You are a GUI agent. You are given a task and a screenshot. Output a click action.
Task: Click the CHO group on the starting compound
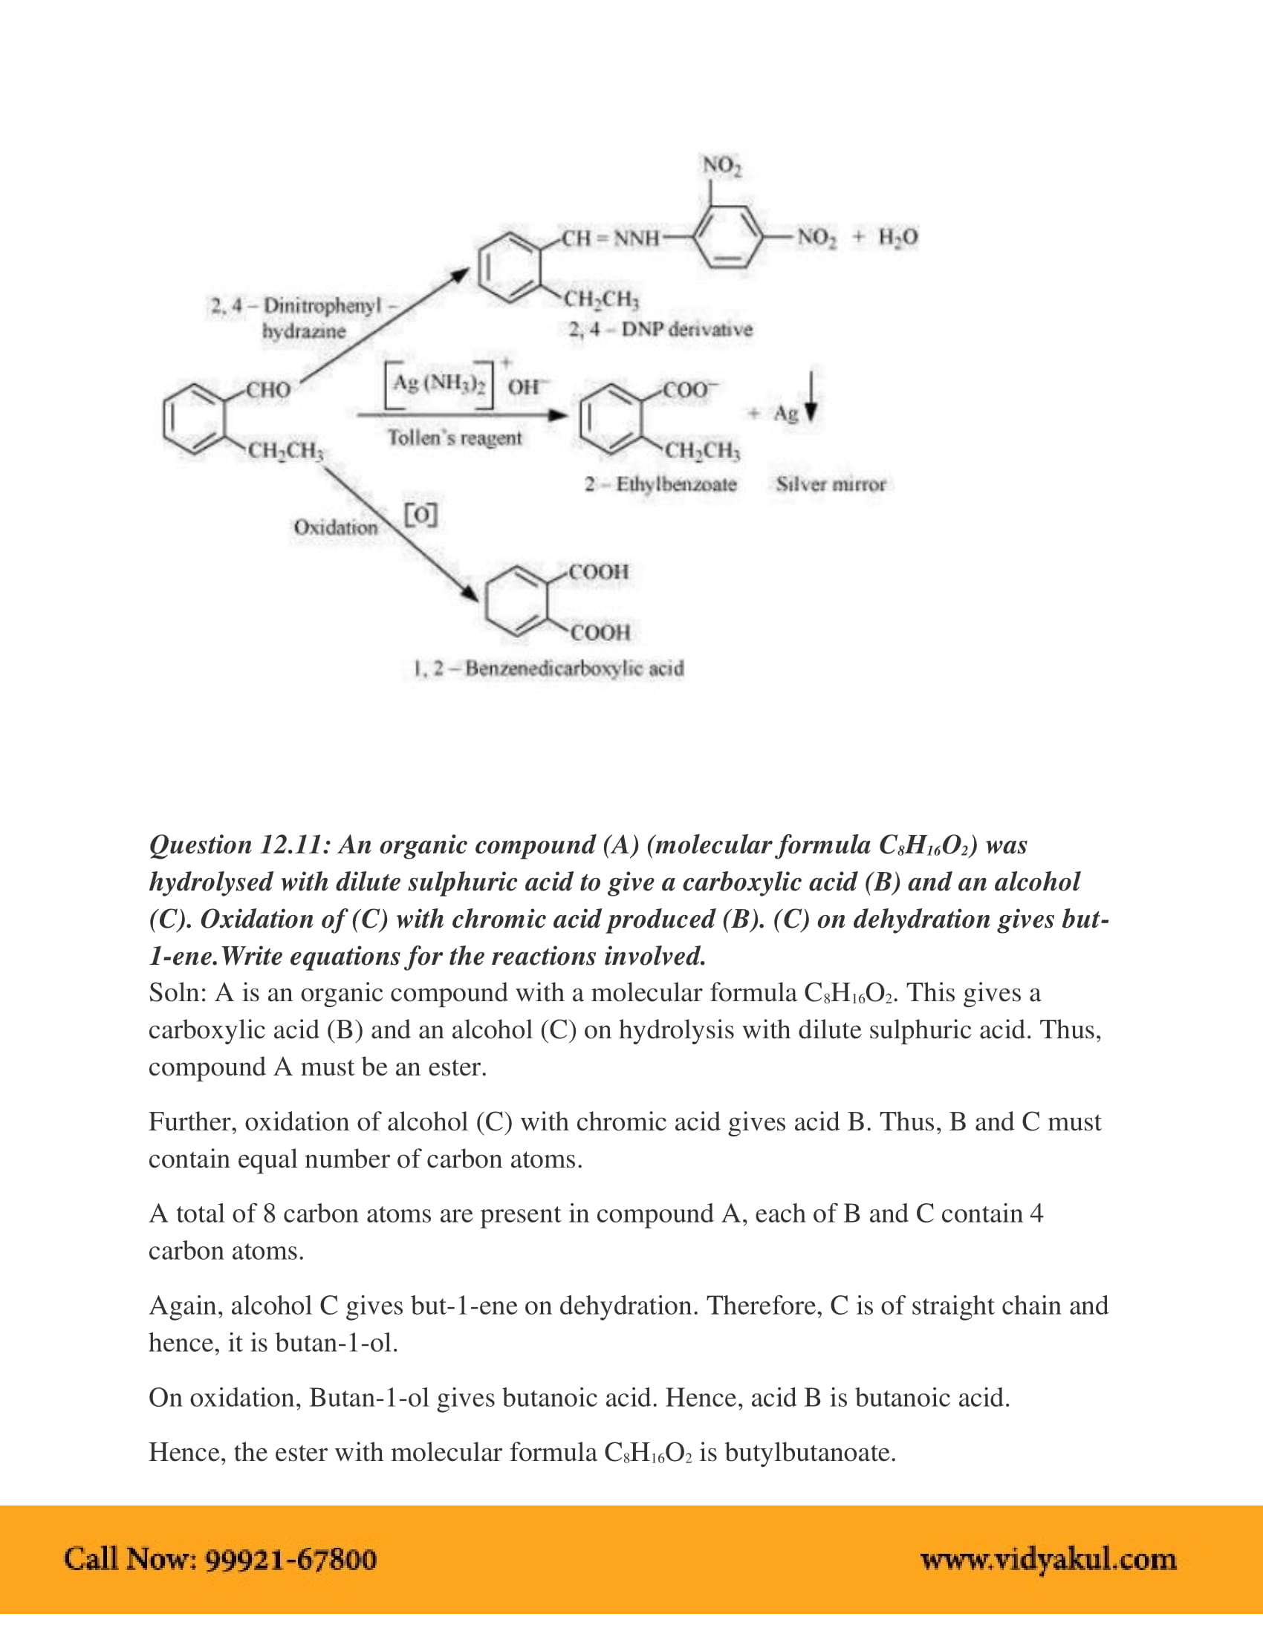coord(269,390)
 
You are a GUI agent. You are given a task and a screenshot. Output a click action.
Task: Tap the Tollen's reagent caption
coord(454,437)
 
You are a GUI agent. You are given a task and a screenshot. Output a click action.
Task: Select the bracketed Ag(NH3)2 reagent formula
coord(439,385)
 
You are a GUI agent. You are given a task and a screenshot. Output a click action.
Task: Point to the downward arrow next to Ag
coord(811,397)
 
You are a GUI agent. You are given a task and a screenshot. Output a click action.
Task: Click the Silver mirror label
coord(831,484)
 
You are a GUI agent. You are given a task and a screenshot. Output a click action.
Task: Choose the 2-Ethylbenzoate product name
coord(660,484)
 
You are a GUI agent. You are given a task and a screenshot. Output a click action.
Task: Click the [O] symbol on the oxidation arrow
coord(421,514)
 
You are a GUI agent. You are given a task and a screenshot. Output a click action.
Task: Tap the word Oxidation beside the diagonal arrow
coord(335,527)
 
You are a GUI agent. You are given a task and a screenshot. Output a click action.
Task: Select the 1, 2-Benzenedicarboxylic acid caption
coord(548,668)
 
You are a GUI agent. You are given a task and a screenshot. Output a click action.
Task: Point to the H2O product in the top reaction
coord(898,237)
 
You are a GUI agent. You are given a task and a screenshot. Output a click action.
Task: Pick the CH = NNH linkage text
coord(611,238)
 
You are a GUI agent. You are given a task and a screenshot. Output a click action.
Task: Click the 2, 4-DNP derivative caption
coord(660,329)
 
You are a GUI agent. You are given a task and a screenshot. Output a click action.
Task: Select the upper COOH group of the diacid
coord(599,572)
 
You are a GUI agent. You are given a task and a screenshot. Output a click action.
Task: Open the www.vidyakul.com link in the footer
coord(1048,1560)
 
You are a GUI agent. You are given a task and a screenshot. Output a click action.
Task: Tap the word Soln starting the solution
coord(177,993)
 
